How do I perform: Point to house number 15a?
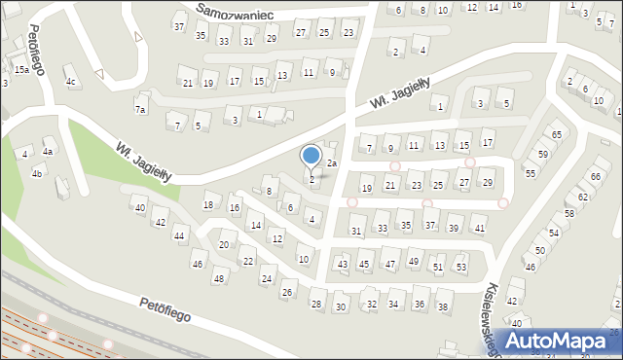[21, 70]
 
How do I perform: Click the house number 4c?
[71, 82]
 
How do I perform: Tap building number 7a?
[140, 110]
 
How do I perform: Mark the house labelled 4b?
[37, 173]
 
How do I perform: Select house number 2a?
[331, 162]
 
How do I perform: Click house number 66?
[595, 176]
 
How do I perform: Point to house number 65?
[557, 134]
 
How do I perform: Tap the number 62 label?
[583, 197]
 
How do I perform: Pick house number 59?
[543, 155]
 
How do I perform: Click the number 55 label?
[531, 173]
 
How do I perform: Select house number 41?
[479, 229]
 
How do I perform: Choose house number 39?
[454, 229]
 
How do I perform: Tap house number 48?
[218, 278]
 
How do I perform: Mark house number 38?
[443, 306]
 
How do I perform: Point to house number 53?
[461, 267]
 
